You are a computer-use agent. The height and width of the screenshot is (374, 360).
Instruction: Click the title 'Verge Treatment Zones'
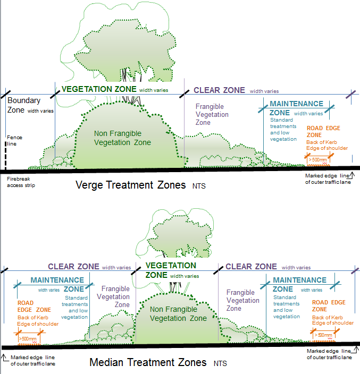tap(130, 185)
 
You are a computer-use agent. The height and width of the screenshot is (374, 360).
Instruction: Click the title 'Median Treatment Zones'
tap(148, 363)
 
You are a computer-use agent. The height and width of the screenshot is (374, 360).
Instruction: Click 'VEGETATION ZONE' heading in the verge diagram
tap(99, 89)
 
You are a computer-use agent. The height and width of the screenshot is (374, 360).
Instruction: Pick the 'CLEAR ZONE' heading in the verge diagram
tap(219, 90)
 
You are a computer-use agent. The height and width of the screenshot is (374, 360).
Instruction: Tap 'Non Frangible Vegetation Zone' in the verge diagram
tap(122, 138)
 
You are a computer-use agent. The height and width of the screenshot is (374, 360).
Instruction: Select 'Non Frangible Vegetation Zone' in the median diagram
tap(178, 314)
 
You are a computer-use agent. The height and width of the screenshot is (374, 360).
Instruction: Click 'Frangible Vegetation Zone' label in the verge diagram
tap(212, 114)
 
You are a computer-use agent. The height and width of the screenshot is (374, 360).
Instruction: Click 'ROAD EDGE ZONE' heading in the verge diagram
tap(323, 131)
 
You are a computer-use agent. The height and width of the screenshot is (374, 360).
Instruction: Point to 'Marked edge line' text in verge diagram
tap(328, 176)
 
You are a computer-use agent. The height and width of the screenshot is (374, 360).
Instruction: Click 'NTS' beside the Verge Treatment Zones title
tap(199, 186)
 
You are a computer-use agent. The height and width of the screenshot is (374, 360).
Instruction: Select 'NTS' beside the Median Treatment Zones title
tap(220, 364)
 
